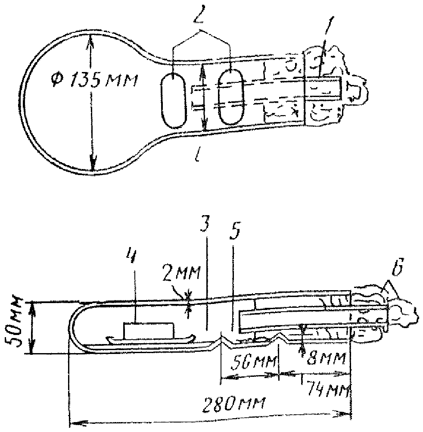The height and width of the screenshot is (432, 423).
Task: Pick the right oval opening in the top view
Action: (x=230, y=97)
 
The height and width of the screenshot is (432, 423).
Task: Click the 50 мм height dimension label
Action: (x=12, y=326)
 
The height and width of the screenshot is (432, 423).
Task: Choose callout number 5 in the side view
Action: (x=234, y=233)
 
